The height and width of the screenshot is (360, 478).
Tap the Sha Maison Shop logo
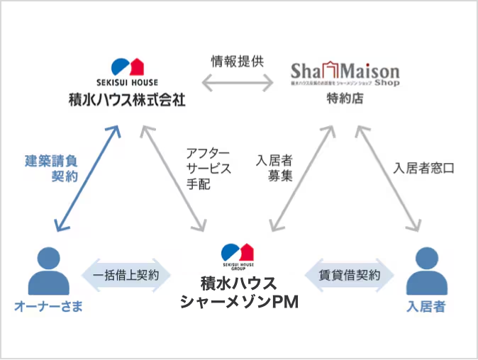point(345,74)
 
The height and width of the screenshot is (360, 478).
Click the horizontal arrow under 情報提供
point(238,84)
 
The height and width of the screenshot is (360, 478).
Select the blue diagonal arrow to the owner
point(87,178)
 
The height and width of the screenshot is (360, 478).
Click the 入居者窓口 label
point(423,169)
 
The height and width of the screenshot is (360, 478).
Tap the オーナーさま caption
point(48,306)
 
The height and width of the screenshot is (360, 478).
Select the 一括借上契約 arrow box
point(126,274)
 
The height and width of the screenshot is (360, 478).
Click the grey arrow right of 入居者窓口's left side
point(387,178)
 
